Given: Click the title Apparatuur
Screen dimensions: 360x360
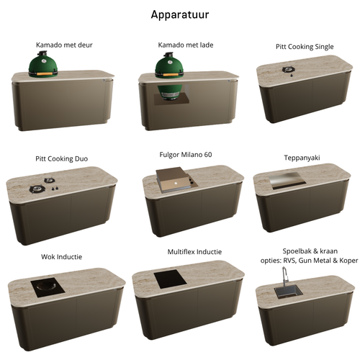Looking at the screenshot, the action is coord(180,15).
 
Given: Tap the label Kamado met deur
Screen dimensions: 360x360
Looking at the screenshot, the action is coord(64,45).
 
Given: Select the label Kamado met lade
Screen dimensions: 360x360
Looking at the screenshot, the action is coord(186,45).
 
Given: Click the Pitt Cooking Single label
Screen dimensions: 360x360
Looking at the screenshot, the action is coord(305,47).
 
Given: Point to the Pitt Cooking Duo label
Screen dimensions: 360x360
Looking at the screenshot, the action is coord(62,158).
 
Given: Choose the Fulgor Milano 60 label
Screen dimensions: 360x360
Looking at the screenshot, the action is coord(186,155).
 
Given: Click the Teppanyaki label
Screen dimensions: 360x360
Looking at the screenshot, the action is coord(302,158).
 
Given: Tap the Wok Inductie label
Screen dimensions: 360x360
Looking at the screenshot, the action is coord(61,257).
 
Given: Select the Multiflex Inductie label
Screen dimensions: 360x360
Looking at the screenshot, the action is coord(194,252).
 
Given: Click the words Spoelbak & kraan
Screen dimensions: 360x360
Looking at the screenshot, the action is coord(310,251).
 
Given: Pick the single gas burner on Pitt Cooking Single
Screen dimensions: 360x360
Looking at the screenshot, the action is coord(289,69).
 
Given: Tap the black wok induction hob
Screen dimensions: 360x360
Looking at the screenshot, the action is coord(48,287).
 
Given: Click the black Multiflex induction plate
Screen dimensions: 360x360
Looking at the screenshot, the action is coord(170,279).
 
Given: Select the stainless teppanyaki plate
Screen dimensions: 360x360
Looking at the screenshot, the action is coord(287,181).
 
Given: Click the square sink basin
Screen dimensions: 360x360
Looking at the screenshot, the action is coord(289,292).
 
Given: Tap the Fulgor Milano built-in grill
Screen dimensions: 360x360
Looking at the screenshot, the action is coord(176,180).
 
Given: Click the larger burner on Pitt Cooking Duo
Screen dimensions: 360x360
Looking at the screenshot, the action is coord(37,189).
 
